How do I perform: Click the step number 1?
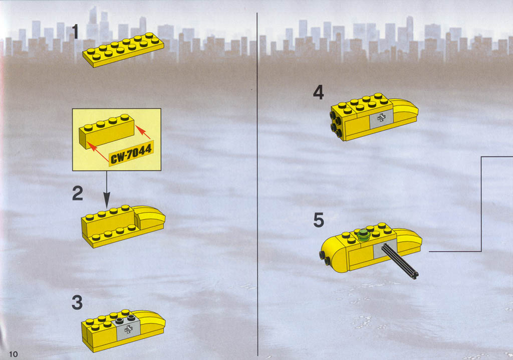point(75,32)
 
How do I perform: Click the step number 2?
point(78,193)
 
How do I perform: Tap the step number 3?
point(77,302)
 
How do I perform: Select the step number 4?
point(318,92)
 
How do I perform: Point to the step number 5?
point(319,220)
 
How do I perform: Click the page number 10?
point(14,354)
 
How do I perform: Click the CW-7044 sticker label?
point(131,153)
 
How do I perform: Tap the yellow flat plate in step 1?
point(123,50)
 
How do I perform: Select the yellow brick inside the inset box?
point(107,131)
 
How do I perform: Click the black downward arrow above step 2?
point(107,190)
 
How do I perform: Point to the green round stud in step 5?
point(363,235)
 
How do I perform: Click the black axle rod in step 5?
point(400,260)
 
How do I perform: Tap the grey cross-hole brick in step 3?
point(128,327)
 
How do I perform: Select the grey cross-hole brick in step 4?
point(381,118)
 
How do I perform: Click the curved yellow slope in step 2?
point(150,218)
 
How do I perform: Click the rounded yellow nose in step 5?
point(334,253)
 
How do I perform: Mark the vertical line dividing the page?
point(257,185)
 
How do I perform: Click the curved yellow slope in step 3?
point(151,321)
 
